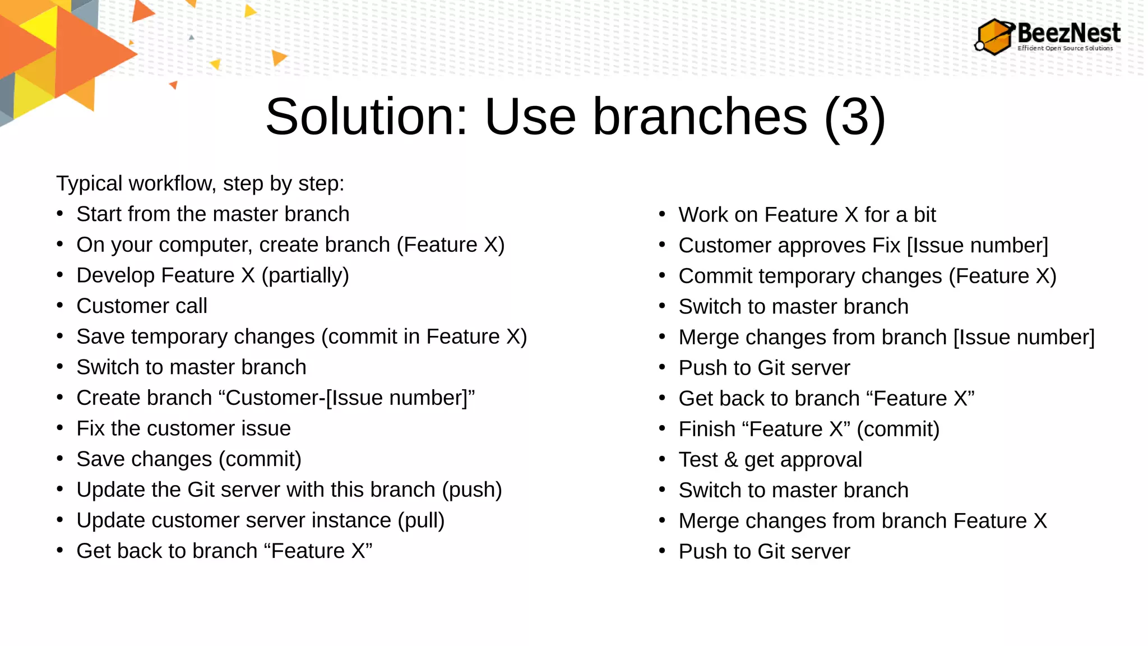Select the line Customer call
[142, 306]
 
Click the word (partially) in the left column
[305, 276]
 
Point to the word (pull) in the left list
[421, 521]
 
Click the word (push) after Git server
[471, 490]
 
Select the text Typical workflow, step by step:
[200, 184]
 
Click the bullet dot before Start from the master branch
[60, 214]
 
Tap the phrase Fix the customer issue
[183, 429]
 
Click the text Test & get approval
[770, 460]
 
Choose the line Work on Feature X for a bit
[807, 215]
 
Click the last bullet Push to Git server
[764, 552]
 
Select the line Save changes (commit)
[189, 459]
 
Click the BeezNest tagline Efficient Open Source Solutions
[1065, 49]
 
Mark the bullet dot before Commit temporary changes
[662, 275]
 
